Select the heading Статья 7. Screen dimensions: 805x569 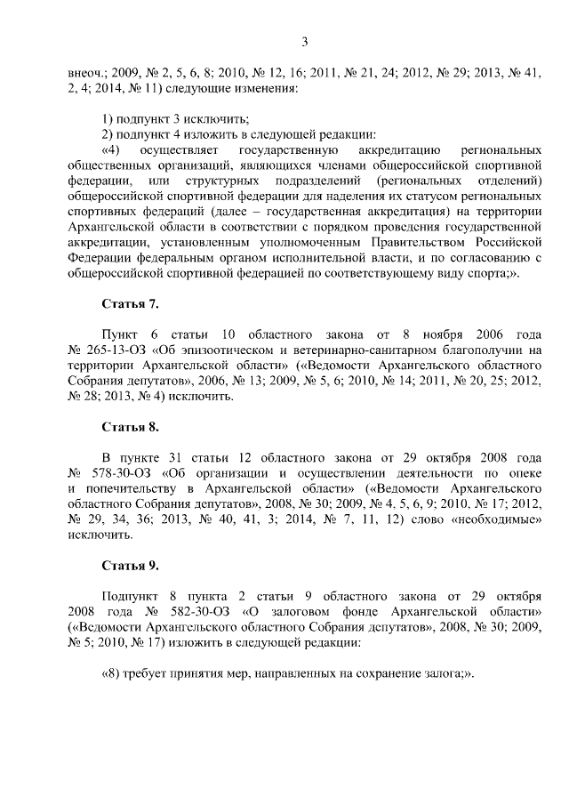pos(131,304)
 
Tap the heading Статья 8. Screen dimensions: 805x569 pos(131,427)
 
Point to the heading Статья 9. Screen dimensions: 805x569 pos(131,565)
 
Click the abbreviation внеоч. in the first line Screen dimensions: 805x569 pos(87,73)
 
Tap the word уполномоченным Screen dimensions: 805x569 pos(301,240)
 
